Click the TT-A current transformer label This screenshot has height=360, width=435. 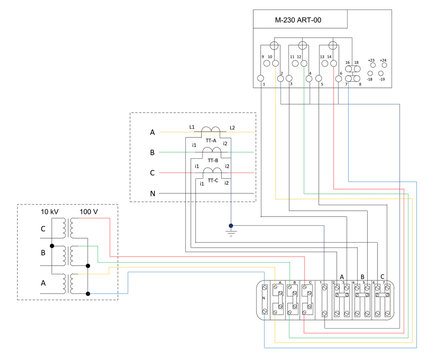[x=211, y=140]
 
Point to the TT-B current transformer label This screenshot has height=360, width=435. [x=211, y=159]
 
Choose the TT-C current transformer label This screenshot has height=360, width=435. [x=211, y=181]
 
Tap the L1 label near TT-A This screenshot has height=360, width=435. [x=192, y=128]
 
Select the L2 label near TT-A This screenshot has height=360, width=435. [x=231, y=128]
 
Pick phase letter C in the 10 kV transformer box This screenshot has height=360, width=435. [x=43, y=229]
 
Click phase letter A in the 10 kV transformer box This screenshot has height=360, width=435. [x=43, y=283]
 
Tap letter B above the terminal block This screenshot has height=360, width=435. [x=363, y=276]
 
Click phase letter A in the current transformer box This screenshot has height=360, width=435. [x=152, y=132]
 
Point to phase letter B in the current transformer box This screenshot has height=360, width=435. [x=152, y=152]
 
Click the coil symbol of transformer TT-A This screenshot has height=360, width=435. [x=211, y=130]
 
